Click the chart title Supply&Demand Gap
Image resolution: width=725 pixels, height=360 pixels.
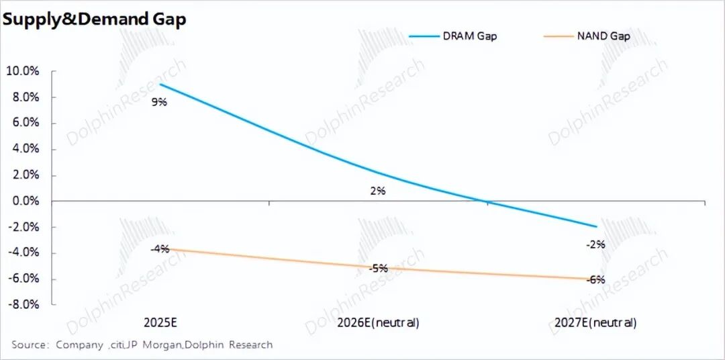(94, 19)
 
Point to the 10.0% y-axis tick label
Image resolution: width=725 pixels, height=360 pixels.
(22, 71)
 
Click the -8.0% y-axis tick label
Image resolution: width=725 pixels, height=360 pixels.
(23, 304)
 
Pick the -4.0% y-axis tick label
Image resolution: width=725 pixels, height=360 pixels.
(23, 253)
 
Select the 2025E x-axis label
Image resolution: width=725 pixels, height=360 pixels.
(160, 322)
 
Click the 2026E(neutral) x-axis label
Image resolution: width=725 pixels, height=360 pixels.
(378, 322)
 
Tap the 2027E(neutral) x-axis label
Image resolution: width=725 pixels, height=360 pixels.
(595, 322)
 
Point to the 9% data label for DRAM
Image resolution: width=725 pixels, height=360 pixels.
(160, 102)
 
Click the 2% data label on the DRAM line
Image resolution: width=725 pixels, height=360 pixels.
(378, 191)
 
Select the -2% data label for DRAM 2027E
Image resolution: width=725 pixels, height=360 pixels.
(595, 244)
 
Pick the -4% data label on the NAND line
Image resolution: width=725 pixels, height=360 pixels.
(160, 249)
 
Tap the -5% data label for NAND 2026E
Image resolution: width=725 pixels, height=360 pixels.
(378, 268)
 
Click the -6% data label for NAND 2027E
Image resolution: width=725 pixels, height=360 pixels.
(595, 279)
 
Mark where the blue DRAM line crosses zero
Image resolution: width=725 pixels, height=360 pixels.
(488, 201)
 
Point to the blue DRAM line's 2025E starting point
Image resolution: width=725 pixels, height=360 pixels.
(160, 85)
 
